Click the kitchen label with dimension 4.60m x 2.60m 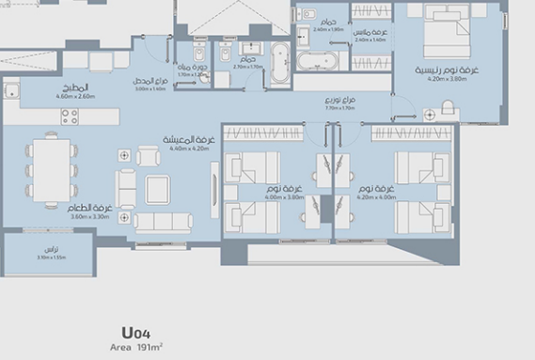[75, 96]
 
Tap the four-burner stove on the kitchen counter [70, 117]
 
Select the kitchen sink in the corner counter [11, 91]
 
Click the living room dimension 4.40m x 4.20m [188, 149]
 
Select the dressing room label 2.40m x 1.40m [369, 39]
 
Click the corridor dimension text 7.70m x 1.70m [338, 108]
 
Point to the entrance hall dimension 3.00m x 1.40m [150, 89]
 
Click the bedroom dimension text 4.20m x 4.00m [375, 197]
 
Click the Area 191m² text [136, 347]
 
